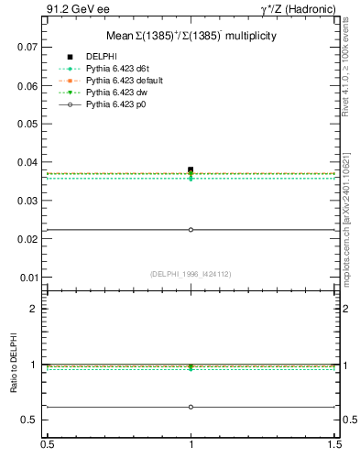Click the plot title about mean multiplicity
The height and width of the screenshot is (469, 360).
(190, 36)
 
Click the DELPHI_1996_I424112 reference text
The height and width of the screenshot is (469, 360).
(190, 274)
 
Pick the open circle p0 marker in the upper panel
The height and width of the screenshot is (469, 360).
(191, 230)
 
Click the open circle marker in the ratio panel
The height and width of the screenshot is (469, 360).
(191, 407)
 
